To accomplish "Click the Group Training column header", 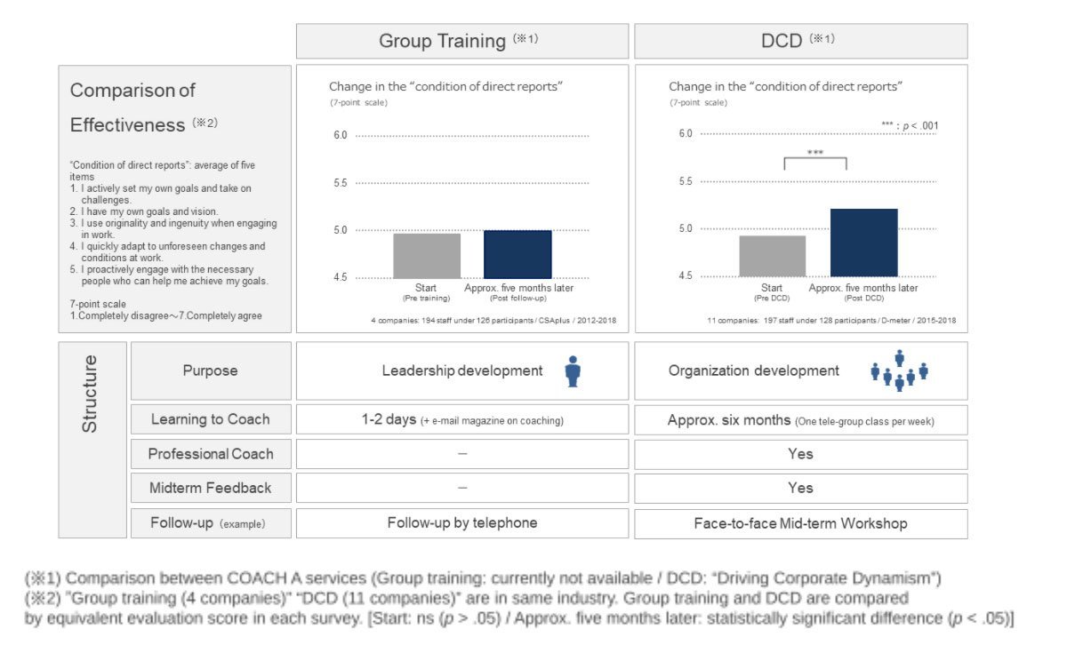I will point(461,41).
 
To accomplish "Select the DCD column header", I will point(800,41).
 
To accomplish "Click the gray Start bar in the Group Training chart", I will point(427,256).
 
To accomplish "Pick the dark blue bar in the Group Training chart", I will point(517,254).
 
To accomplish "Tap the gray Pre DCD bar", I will point(772,256).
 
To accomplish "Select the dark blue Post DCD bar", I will point(863,243).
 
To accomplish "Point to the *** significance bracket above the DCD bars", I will point(815,159).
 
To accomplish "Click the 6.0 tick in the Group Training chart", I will point(339,136).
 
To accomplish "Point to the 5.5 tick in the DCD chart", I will point(685,181).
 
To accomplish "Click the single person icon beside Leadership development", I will point(573,371).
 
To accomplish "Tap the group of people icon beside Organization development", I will point(899,371).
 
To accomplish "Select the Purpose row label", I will point(211,370).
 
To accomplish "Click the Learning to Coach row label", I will point(211,419).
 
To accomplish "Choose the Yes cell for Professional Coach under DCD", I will point(800,454).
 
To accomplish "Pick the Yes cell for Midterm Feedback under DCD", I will point(800,488).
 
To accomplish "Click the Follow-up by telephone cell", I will point(462,523).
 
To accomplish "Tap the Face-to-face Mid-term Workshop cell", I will point(800,523).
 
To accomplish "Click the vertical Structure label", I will point(91,394).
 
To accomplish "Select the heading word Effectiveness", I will point(127,125).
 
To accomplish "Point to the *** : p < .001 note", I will point(909,125).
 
